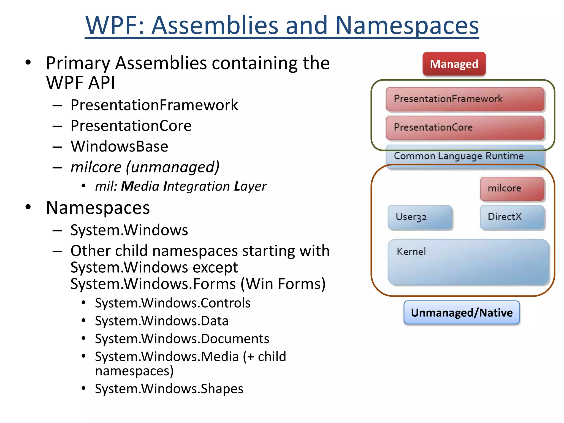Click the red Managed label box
(454, 64)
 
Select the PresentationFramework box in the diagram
(465, 99)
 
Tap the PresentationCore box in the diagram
(465, 128)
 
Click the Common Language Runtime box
(465, 156)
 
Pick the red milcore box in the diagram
(512, 188)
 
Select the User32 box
(420, 217)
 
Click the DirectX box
(512, 217)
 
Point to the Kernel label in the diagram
(411, 251)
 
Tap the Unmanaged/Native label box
(462, 313)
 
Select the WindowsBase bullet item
(119, 146)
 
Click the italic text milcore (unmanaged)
(145, 167)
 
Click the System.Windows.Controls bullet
(173, 303)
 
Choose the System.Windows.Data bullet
(162, 321)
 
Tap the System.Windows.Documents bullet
(182, 339)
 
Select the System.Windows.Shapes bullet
(169, 389)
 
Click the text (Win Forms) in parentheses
(283, 284)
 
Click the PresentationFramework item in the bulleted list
(154, 105)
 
